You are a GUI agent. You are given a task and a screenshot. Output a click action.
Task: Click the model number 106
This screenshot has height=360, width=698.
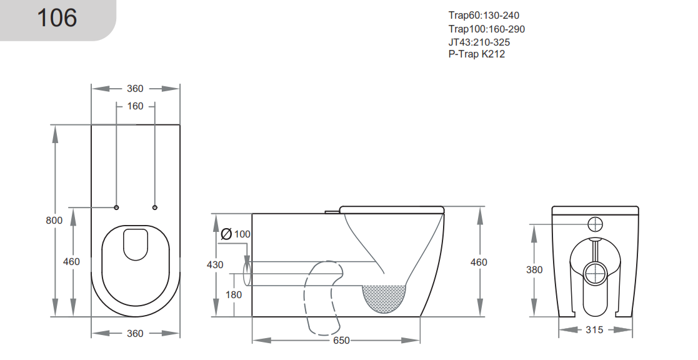pos(57,18)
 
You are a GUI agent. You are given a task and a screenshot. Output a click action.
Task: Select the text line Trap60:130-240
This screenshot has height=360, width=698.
pos(483,15)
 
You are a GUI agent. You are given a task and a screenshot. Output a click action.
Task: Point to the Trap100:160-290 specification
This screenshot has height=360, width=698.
pos(486,29)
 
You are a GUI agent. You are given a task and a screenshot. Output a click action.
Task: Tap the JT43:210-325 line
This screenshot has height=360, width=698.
pos(479,42)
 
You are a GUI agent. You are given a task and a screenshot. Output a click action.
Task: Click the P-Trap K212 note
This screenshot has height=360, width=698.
pos(476,54)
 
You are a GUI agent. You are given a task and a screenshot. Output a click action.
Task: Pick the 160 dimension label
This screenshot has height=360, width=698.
pos(136,106)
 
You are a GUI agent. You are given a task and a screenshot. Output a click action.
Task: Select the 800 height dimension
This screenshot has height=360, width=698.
pos(54,220)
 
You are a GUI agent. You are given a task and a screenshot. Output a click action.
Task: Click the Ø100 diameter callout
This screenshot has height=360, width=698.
pos(236,234)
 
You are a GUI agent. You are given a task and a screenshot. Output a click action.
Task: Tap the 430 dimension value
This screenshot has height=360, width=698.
pos(215,265)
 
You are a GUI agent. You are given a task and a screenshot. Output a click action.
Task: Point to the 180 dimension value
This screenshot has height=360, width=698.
pos(234,295)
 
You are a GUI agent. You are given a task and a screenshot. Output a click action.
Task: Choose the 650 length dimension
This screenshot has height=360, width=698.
pos(341,341)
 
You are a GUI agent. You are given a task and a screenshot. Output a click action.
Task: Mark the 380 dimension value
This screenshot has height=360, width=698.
pos(534,270)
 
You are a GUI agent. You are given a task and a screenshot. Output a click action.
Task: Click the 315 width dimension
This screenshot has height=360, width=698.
pos(596,330)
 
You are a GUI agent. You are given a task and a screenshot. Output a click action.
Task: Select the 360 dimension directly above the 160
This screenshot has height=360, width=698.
pos(136,89)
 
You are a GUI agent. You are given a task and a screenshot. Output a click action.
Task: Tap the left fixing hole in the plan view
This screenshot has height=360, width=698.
pos(117,207)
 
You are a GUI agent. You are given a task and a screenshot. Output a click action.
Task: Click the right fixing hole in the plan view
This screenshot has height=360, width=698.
pos(155,207)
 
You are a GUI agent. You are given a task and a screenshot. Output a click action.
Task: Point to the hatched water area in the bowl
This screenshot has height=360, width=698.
pos(384,298)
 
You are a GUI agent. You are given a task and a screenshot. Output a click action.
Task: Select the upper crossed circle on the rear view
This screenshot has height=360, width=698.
pos(596,224)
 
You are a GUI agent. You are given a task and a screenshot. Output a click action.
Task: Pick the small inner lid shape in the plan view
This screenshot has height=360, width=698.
pos(136,244)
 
